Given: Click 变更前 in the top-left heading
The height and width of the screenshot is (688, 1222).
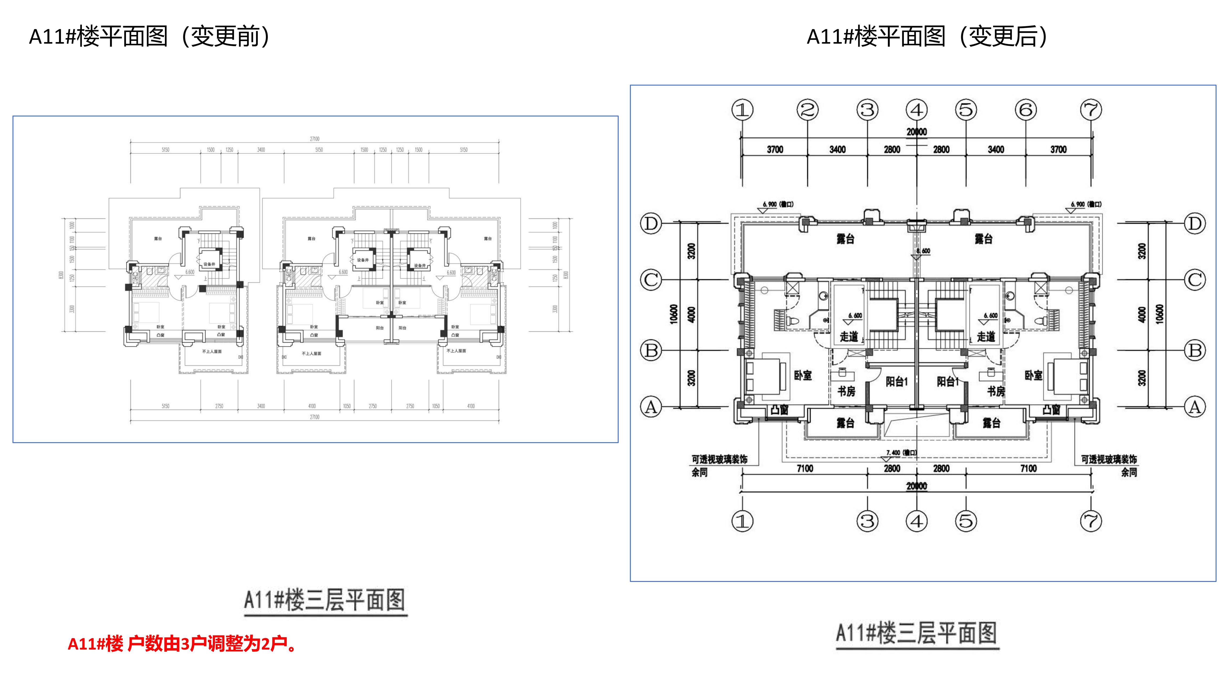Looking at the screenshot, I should [x=225, y=37].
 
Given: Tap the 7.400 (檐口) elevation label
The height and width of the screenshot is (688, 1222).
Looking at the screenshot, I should [x=901, y=452].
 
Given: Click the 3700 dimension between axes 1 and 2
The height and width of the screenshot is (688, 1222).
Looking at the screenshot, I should [x=775, y=150].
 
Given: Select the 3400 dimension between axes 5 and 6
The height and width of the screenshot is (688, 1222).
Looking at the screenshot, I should [x=996, y=150].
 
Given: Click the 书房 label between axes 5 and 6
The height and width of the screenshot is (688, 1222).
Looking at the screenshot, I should [x=996, y=391].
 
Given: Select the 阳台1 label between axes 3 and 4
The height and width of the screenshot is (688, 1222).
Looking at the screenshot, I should [x=897, y=381].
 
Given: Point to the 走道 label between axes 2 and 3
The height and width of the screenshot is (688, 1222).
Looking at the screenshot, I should [x=849, y=337].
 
